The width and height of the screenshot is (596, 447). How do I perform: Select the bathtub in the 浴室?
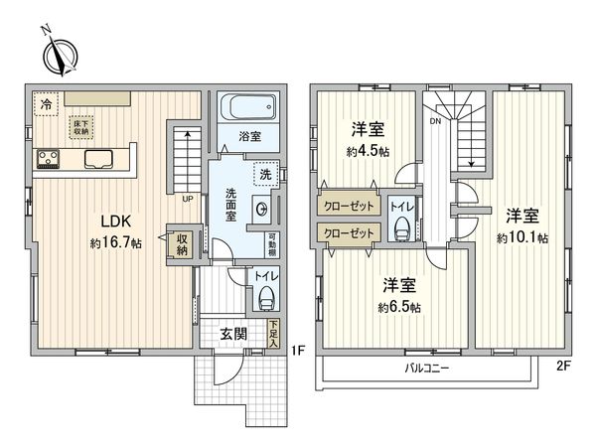point(241,107)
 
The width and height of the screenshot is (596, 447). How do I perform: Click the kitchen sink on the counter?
point(100,158)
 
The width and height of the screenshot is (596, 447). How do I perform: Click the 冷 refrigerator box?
point(46,102)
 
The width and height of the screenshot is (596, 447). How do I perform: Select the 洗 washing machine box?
point(264,174)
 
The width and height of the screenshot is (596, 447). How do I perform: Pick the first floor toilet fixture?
point(266,295)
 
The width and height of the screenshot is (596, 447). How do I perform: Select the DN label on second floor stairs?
point(435,122)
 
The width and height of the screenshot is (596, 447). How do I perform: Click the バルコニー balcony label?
point(426,367)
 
